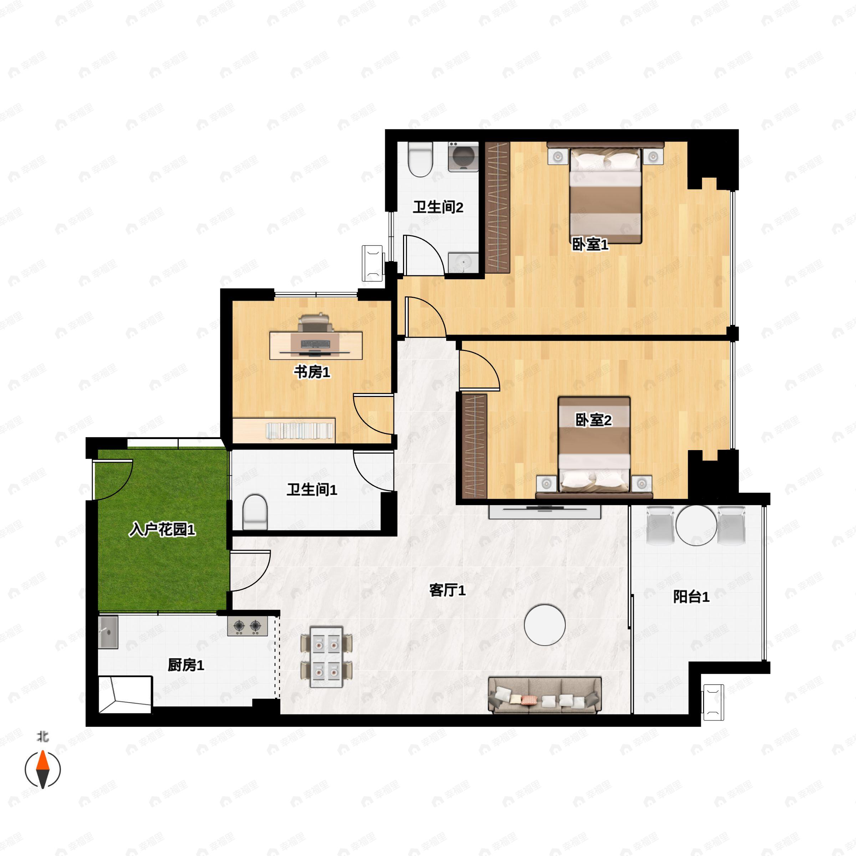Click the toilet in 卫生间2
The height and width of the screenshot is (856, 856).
pyautogui.click(x=420, y=159)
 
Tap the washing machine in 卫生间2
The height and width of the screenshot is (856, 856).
pyautogui.click(x=463, y=157)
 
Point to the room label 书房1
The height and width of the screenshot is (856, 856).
pyautogui.click(x=312, y=372)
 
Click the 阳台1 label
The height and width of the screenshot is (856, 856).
pyautogui.click(x=691, y=597)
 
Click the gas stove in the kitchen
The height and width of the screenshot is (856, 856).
pyautogui.click(x=247, y=626)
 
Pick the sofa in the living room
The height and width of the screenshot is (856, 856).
pyautogui.click(x=545, y=695)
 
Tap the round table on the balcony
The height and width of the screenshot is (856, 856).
pyautogui.click(x=696, y=525)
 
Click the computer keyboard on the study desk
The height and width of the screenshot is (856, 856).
pyautogui.click(x=315, y=344)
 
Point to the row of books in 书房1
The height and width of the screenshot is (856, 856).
pyautogui.click(x=300, y=431)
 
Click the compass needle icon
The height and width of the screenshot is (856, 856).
pyautogui.click(x=42, y=770)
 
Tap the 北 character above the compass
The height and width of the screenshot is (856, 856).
pyautogui.click(x=42, y=737)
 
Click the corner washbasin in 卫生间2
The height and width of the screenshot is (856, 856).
pyautogui.click(x=463, y=263)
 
